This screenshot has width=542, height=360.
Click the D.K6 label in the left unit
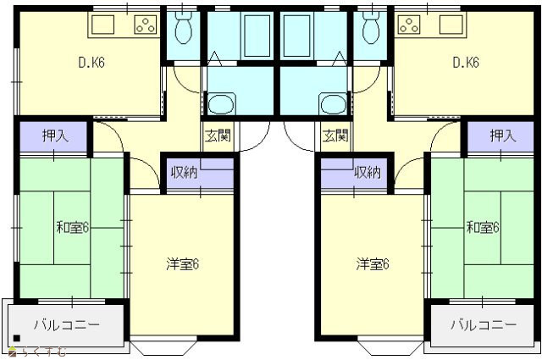click(91, 63)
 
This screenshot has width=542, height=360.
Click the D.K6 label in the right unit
click(466, 63)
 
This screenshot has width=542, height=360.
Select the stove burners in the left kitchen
click(145, 25)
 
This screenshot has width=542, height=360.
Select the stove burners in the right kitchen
click(409, 25)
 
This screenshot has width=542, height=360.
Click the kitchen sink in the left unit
click(102, 25)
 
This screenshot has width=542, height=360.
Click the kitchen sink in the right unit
click(451, 25)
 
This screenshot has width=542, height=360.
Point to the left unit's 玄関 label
click(218, 136)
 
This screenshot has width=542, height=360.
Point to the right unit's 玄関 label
click(335, 136)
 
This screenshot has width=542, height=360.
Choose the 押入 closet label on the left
click(55, 136)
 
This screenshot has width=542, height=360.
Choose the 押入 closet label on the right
click(503, 136)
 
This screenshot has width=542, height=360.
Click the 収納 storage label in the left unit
click(185, 172)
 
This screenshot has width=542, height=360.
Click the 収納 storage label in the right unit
click(368, 172)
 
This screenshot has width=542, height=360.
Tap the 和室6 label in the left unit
click(73, 228)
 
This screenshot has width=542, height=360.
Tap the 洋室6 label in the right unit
click(373, 264)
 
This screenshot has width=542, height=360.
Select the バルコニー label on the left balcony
click(67, 325)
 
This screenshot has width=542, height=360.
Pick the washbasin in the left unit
click(221, 103)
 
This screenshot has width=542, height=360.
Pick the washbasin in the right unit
click(334, 103)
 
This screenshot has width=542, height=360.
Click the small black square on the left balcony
click(17, 338)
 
